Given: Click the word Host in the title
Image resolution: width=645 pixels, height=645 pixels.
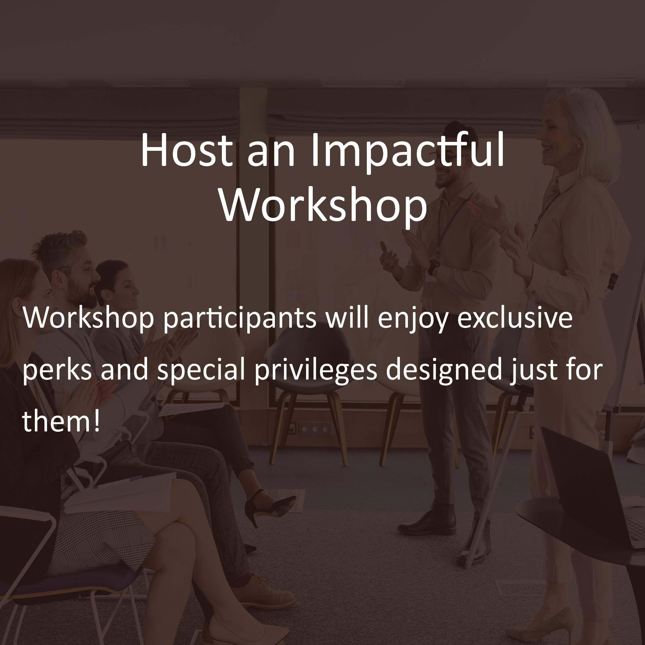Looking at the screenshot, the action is [x=186, y=150].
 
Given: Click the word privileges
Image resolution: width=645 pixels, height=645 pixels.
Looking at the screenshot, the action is [x=316, y=370].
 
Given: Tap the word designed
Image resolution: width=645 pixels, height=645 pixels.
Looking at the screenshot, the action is [x=444, y=370].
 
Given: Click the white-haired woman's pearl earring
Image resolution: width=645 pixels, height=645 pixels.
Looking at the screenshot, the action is [x=578, y=146].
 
